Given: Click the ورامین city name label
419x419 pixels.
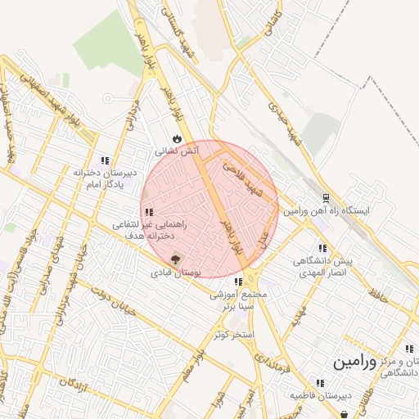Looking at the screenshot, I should (x=354, y=361).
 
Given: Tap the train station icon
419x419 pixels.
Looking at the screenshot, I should (x=326, y=198).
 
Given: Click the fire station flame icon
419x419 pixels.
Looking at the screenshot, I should (x=176, y=137).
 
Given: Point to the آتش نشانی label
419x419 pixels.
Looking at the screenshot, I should (x=176, y=151).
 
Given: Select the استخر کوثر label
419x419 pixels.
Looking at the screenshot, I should (x=232, y=335).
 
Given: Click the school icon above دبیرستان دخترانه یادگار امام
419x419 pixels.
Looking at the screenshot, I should (x=104, y=160).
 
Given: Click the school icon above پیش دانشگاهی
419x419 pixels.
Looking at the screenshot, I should (x=322, y=247).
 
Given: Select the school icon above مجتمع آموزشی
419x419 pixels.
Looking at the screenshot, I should (x=238, y=282).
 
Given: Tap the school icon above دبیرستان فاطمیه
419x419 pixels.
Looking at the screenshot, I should (x=318, y=382).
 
